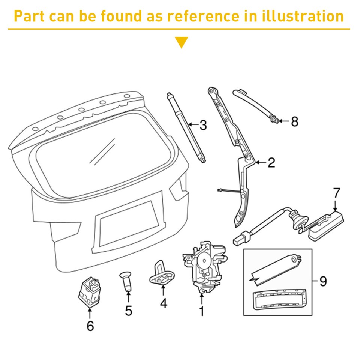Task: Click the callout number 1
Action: coord(201,311)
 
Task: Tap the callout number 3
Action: coord(203,125)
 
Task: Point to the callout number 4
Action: coord(163,303)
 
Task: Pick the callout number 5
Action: coord(129,310)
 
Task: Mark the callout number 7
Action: coord(336,193)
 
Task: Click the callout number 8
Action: coord(294,121)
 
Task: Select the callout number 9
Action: coord(323,281)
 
